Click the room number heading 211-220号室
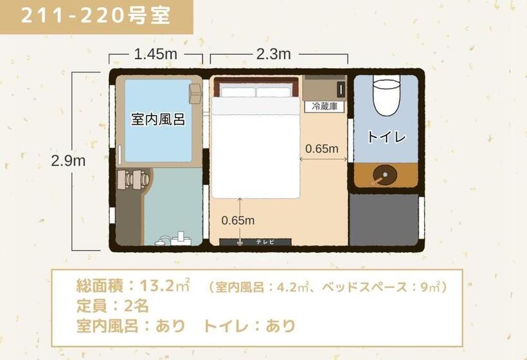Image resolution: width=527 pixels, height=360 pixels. coord(96,15)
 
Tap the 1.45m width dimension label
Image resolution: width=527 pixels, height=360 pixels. coord(156,55)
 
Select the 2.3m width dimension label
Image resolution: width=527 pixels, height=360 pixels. coord(273,55)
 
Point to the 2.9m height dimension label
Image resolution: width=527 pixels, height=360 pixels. coord(69,161)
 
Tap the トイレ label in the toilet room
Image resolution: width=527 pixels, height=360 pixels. coord(386,136)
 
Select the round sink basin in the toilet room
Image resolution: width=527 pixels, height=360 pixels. coord(384,174)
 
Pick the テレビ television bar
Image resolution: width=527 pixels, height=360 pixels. coord(256,242)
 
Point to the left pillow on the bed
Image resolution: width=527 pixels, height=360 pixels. coord(238,92)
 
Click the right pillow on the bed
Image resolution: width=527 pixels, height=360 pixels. coord(274,92)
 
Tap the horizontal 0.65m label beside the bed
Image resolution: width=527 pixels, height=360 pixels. coord(321,149)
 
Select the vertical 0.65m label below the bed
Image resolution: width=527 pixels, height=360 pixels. coord(238,221)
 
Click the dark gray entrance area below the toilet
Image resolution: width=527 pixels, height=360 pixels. coord(384,219)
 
